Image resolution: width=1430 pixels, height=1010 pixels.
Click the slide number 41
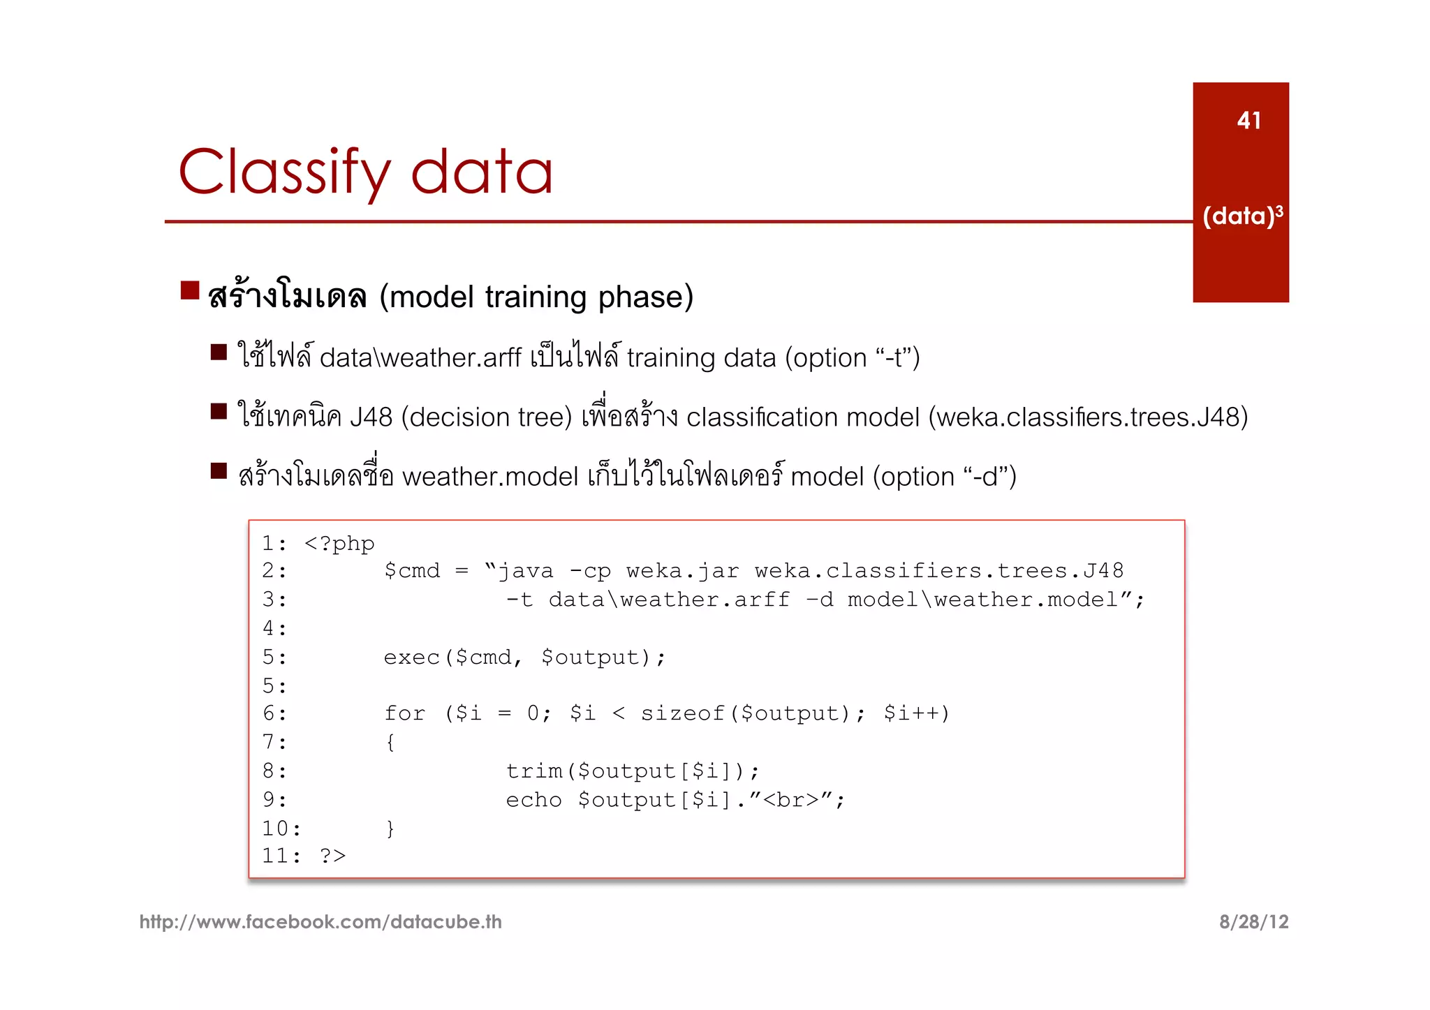pyautogui.click(x=1248, y=121)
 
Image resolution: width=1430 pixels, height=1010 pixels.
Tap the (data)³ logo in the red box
pyautogui.click(x=1242, y=216)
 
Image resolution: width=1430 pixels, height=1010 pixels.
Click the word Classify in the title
pyautogui.click(x=285, y=173)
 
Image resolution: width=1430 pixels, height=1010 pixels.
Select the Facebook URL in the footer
pyautogui.click(x=320, y=922)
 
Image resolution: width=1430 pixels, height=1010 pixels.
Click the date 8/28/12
pyautogui.click(x=1253, y=922)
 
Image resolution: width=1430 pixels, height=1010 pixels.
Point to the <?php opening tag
pyautogui.click(x=339, y=544)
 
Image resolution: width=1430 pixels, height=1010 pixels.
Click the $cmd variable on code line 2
pyautogui.click(x=412, y=571)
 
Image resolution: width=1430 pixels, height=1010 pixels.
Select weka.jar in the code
pyautogui.click(x=682, y=571)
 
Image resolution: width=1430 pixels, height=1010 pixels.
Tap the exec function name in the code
pyautogui.click(x=412, y=658)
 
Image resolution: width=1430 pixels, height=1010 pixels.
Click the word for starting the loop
pyautogui.click(x=404, y=713)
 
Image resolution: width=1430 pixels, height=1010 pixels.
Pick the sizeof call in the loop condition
pyautogui.click(x=682, y=713)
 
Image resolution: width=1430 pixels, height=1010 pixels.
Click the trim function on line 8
pyautogui.click(x=534, y=771)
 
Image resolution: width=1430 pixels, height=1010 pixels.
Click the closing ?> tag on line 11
pyautogui.click(x=332, y=856)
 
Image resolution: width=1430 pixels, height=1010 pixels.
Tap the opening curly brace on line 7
pyautogui.click(x=390, y=742)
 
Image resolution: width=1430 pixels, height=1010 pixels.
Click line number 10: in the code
pyautogui.click(x=281, y=829)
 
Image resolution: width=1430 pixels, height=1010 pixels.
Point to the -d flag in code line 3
pyautogui.click(x=819, y=600)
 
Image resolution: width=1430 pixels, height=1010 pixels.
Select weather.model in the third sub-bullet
pyautogui.click(x=489, y=477)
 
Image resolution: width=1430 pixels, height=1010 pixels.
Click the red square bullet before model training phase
pyautogui.click(x=190, y=290)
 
